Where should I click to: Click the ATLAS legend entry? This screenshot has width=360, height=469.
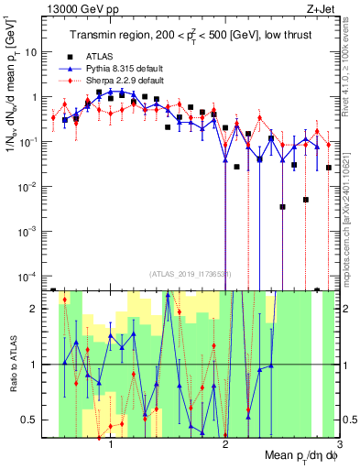103,57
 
